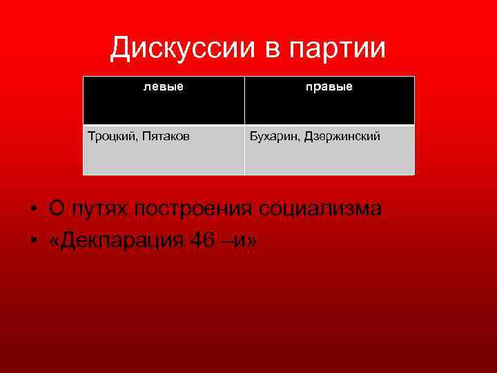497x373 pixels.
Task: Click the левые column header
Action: pyautogui.click(x=164, y=87)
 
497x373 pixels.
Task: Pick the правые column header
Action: pyautogui.click(x=329, y=87)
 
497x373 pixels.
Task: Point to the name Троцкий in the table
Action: pyautogui.click(x=112, y=137)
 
